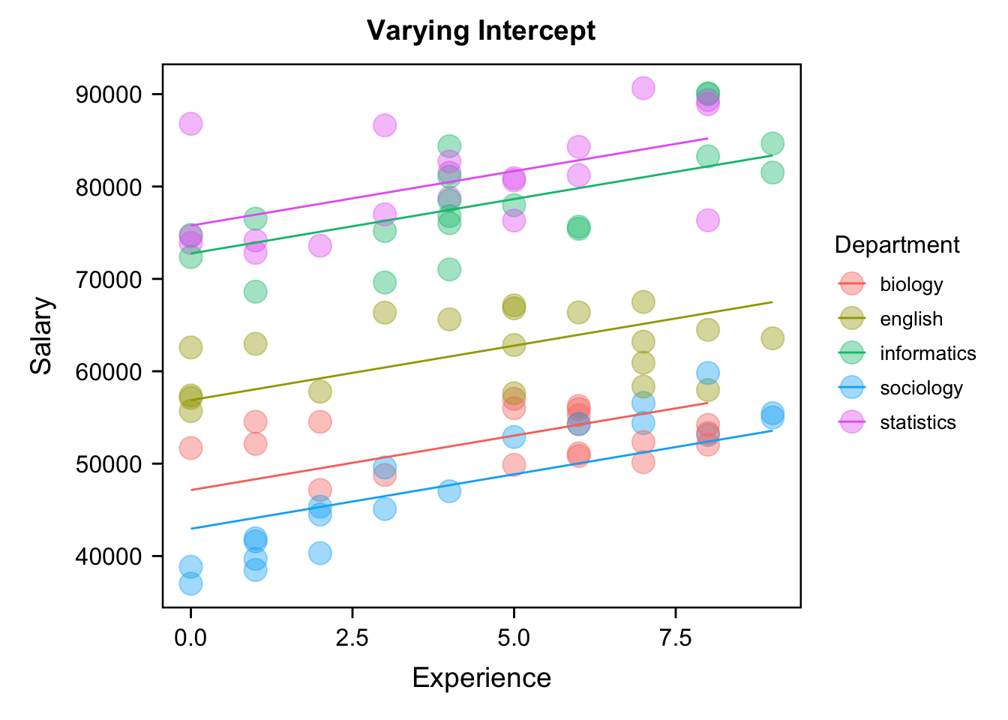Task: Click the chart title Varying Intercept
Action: pos(481,31)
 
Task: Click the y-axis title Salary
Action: pos(42,335)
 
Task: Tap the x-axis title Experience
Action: pos(481,678)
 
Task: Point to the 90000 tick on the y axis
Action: pos(109,94)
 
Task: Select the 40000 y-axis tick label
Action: pos(109,556)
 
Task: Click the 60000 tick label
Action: pos(109,372)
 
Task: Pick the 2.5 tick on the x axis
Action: pos(352,638)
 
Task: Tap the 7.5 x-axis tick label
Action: pos(675,638)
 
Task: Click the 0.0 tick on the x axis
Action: pos(190,638)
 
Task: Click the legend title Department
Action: pos(897,245)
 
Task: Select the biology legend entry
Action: pos(911,285)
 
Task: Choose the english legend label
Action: pos(911,319)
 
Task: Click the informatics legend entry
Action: pos(928,354)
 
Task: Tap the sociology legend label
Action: pos(921,388)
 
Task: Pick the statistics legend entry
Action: pos(918,423)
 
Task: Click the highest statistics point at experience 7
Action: pos(643,88)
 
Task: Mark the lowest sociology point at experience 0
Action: pos(190,583)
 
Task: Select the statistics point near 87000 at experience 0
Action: pos(190,124)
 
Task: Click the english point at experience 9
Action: pos(772,338)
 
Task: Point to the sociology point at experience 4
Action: pos(449,491)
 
